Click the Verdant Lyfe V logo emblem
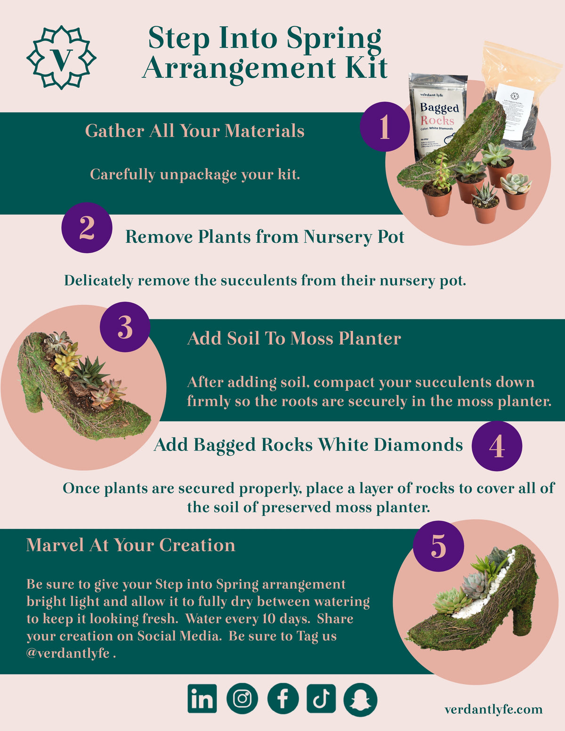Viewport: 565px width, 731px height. (61, 57)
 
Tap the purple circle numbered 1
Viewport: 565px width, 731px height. (385, 127)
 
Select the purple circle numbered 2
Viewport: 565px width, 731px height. (87, 228)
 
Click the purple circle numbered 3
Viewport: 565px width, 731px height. (125, 327)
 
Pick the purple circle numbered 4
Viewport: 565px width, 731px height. (496, 446)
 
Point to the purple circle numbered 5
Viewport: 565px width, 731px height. (438, 546)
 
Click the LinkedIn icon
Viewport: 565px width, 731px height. (202, 699)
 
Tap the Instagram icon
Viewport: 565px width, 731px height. (242, 699)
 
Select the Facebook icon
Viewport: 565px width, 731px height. (282, 699)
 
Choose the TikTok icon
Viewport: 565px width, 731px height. (321, 699)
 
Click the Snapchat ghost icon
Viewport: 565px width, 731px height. (361, 699)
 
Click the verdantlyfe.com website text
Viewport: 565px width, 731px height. (493, 709)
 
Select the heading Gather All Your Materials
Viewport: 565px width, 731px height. (194, 131)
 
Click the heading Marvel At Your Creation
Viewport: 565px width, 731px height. (130, 545)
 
